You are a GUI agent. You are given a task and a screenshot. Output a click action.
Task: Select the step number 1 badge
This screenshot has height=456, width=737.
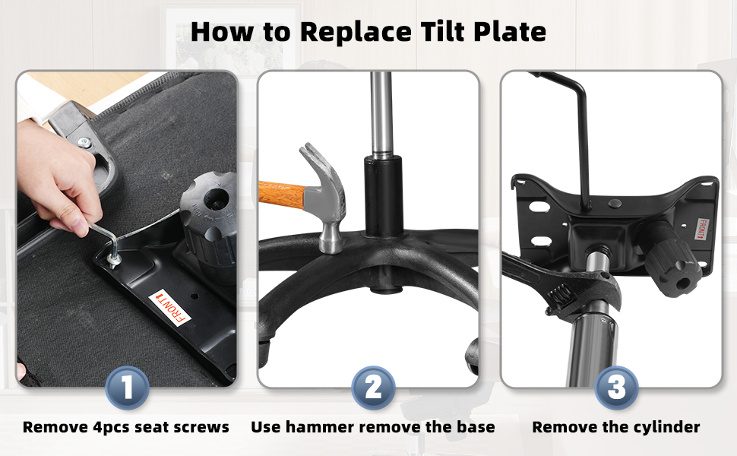(127, 388)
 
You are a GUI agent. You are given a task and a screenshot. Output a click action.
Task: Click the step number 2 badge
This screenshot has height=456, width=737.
(373, 388)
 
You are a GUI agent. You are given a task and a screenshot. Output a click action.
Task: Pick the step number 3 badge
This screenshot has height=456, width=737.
(616, 388)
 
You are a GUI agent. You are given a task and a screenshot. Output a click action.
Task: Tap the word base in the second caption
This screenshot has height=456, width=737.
(478, 427)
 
